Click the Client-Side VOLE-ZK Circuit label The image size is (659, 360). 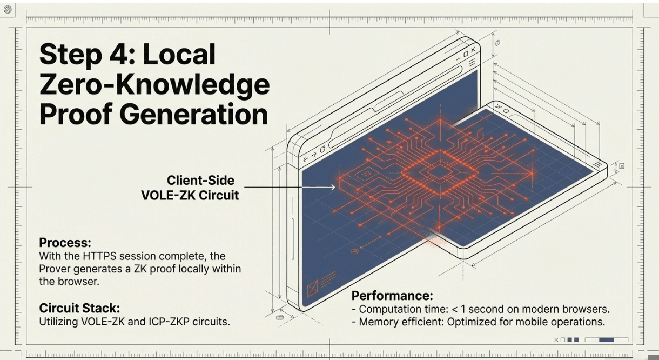[x=190, y=188]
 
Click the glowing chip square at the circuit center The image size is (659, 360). [x=441, y=172]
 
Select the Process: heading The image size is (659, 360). [x=65, y=242]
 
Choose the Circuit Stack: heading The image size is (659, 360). [x=79, y=308]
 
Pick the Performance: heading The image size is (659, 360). [x=392, y=296]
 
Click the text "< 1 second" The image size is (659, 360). [x=475, y=309]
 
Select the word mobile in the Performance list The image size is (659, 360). [x=516, y=322]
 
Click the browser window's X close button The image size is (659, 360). [x=473, y=50]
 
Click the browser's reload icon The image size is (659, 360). [x=323, y=149]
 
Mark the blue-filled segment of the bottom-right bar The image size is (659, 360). [x=607, y=340]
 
